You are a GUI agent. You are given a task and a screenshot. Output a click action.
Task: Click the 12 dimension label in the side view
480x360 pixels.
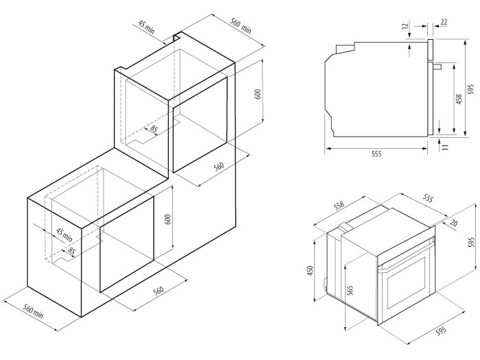pyautogui.click(x=405, y=27)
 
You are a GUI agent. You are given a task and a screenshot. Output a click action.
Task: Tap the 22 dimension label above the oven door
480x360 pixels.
pyautogui.click(x=444, y=22)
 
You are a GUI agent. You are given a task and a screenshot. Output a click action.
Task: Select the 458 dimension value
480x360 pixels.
pyautogui.click(x=459, y=99)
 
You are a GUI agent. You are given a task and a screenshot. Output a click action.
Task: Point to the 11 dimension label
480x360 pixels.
pyautogui.click(x=446, y=146)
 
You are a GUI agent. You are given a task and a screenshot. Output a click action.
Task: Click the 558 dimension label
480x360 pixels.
pyautogui.click(x=339, y=206)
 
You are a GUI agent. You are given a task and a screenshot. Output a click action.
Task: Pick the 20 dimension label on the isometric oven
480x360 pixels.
pyautogui.click(x=454, y=223)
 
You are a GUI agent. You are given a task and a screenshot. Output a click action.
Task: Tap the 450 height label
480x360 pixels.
pyautogui.click(x=311, y=271)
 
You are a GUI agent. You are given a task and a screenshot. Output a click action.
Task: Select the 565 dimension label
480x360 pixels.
pyautogui.click(x=351, y=290)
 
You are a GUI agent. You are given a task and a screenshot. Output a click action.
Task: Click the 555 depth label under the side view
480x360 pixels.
pyautogui.click(x=376, y=154)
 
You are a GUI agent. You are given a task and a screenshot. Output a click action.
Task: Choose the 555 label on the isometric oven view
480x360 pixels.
pyautogui.click(x=428, y=198)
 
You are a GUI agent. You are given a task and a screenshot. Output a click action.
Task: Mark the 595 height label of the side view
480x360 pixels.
pyautogui.click(x=472, y=88)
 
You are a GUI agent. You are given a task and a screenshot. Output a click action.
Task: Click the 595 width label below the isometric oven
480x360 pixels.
pyautogui.click(x=441, y=331)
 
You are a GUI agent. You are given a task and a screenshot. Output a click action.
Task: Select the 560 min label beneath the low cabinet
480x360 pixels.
pyautogui.click(x=34, y=311)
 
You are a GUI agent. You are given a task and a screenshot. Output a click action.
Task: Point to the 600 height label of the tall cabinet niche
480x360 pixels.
pyautogui.click(x=257, y=94)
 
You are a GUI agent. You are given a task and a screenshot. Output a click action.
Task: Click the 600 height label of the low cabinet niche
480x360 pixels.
pyautogui.click(x=167, y=219)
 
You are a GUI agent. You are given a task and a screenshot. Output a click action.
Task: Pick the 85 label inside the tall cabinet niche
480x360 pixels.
pyautogui.click(x=154, y=130)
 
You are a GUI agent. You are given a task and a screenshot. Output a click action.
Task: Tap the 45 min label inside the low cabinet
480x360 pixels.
pyautogui.click(x=64, y=235)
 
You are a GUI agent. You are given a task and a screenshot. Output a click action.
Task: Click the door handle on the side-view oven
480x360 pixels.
pyautogui.click(x=437, y=67)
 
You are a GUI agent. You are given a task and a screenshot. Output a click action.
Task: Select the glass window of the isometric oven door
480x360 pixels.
pyautogui.click(x=407, y=283)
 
